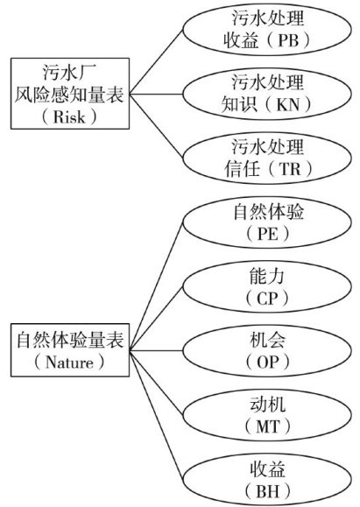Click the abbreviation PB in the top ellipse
pyautogui.click(x=288, y=41)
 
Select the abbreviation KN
pyautogui.click(x=288, y=104)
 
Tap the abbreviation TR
pyautogui.click(x=290, y=169)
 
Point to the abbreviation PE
pyautogui.click(x=267, y=234)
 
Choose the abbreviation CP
pyautogui.click(x=267, y=298)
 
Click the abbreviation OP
pyautogui.click(x=267, y=363)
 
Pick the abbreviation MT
pyautogui.click(x=267, y=426)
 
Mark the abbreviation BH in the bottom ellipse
pyautogui.click(x=267, y=491)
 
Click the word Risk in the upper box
pyautogui.click(x=69, y=116)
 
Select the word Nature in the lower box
pyautogui.click(x=69, y=363)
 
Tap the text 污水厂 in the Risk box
pyautogui.click(x=70, y=72)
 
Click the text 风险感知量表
pyautogui.click(x=70, y=95)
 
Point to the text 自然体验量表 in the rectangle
pyautogui.click(x=70, y=340)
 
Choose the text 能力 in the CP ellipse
pyautogui.click(x=267, y=276)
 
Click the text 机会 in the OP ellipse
pyautogui.click(x=267, y=341)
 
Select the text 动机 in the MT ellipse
pyautogui.click(x=267, y=405)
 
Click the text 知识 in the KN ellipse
pyautogui.click(x=240, y=104)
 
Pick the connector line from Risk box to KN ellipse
pyautogui.click(x=157, y=95)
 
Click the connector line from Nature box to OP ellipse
pyautogui.click(x=157, y=350)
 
